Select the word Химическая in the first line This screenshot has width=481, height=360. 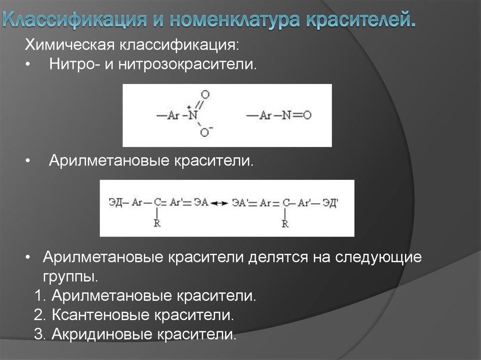[70, 46]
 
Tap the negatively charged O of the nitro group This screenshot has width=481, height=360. [205, 133]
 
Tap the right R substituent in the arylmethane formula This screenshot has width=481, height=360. [285, 224]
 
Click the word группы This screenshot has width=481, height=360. [70, 276]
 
